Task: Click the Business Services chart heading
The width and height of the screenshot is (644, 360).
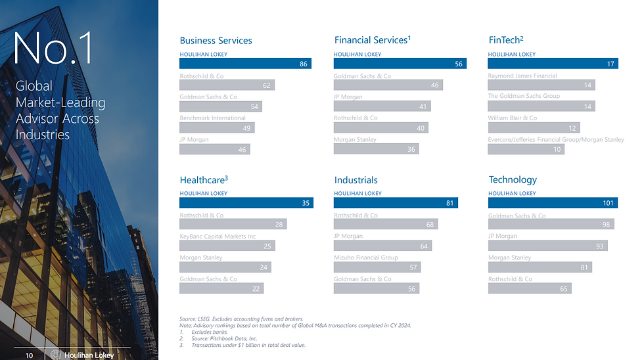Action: point(216,41)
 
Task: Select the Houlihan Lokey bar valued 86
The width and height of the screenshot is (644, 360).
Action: point(245,64)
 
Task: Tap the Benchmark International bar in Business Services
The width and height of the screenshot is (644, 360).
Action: point(217,128)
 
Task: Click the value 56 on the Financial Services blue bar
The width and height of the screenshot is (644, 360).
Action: point(459,64)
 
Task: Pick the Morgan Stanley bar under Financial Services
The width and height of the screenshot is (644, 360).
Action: point(376,149)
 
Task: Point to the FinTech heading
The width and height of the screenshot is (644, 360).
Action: point(506,40)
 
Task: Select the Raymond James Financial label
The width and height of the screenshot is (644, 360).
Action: point(522,76)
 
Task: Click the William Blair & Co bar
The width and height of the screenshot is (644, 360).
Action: point(534,127)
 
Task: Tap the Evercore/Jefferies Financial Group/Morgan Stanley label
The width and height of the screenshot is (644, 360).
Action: point(555,140)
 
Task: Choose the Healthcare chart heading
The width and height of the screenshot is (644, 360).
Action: point(204,179)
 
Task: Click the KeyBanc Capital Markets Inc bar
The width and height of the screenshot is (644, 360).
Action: point(227,246)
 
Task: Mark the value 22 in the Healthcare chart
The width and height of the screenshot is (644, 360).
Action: point(256,288)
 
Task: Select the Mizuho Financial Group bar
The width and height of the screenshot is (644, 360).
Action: point(377,267)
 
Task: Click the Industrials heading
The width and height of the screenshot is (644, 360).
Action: point(356,180)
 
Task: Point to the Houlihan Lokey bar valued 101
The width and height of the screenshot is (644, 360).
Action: point(553,203)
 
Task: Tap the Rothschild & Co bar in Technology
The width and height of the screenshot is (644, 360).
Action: point(530,288)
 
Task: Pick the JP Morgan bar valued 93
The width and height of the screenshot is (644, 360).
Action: point(547,246)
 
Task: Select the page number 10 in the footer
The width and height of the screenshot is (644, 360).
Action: point(29,355)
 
